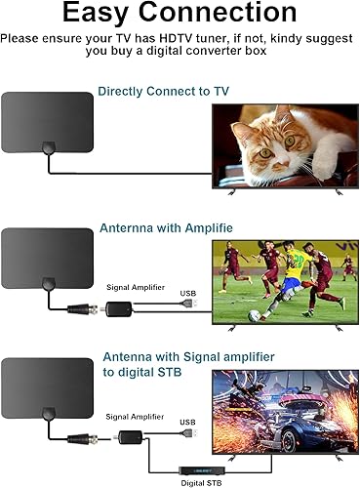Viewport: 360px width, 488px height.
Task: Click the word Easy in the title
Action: tap(94, 15)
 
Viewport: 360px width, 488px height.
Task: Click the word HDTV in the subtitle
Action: tap(169, 39)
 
